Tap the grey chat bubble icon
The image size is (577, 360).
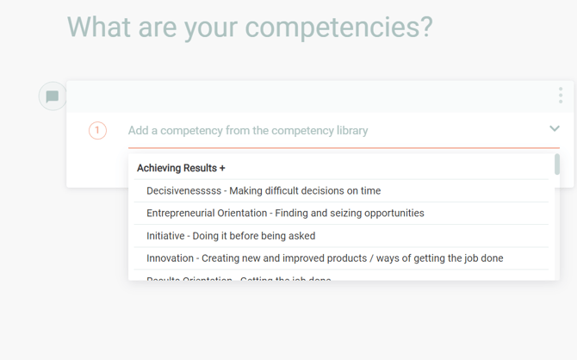pos(53,96)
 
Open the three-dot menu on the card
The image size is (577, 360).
pos(560,96)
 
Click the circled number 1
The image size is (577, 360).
pos(97,131)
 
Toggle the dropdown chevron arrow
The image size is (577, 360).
pos(555,129)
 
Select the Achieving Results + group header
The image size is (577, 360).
pos(181,168)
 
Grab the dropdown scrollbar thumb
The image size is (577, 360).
pos(557,164)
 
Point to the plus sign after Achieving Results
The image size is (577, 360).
pos(222,168)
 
